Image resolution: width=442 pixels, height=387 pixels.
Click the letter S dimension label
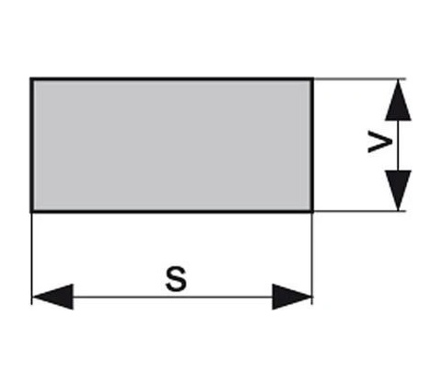click(x=176, y=279)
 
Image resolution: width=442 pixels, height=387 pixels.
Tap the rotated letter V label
click(x=380, y=142)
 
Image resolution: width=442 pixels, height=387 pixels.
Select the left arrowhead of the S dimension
click(x=52, y=297)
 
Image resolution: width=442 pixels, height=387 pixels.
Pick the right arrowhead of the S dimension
click(x=292, y=297)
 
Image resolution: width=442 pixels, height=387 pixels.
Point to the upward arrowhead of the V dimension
click(x=398, y=100)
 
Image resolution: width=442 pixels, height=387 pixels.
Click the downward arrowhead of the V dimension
click(x=398, y=191)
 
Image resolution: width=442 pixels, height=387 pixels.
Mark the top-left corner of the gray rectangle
click(x=31, y=79)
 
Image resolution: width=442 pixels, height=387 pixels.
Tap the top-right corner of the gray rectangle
click(x=312, y=79)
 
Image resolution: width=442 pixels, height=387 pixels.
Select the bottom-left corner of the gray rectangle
click(x=31, y=211)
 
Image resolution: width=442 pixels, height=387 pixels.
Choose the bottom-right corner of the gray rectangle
click(x=312, y=211)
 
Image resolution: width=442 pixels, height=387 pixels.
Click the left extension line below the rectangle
click(x=31, y=259)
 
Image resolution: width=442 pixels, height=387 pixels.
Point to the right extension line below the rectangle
click(x=312, y=259)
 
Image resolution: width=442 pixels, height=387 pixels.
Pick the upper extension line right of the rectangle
click(x=360, y=79)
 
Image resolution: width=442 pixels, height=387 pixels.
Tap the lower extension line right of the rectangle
click(x=360, y=211)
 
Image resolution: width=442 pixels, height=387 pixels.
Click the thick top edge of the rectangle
click(x=172, y=79)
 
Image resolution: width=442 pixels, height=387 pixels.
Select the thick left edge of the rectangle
click(x=31, y=146)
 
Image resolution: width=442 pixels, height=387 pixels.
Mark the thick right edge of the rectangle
click(x=312, y=146)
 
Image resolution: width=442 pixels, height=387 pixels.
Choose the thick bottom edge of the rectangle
click(x=172, y=211)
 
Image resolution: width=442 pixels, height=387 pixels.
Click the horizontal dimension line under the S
click(x=172, y=297)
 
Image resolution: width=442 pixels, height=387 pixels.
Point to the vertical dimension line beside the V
click(x=398, y=146)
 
